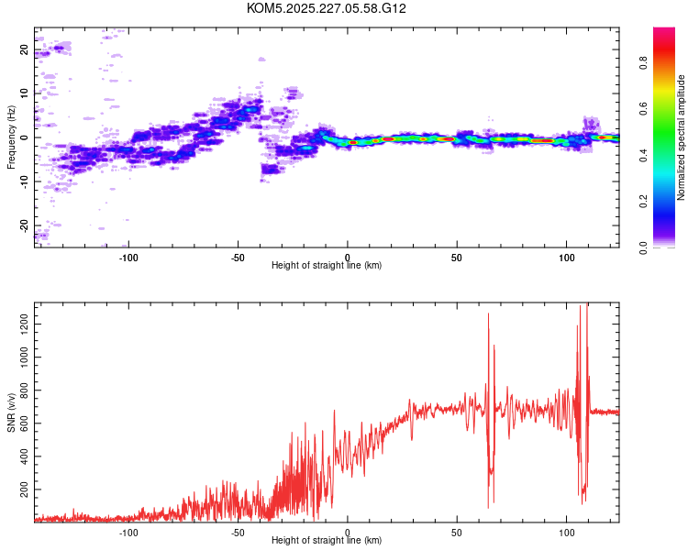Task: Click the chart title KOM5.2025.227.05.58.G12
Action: coord(327,8)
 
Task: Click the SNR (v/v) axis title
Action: coord(11,412)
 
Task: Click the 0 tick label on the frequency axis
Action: coord(25,137)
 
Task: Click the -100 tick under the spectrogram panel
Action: coord(128,256)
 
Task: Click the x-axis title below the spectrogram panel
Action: coord(327,266)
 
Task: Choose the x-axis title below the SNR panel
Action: coord(327,541)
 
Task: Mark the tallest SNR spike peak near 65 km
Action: coord(488,314)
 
